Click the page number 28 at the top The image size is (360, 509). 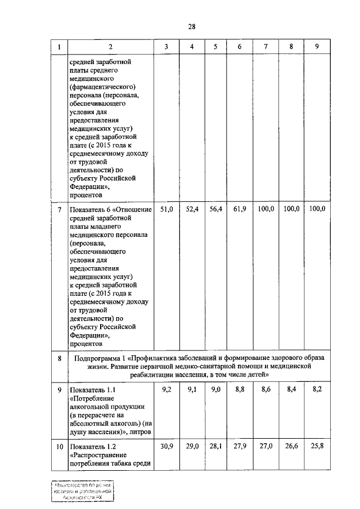click(x=192, y=26)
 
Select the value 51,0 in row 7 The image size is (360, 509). click(x=167, y=209)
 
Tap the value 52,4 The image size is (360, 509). click(x=192, y=209)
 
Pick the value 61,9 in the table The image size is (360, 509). click(x=240, y=209)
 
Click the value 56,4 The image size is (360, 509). click(x=216, y=209)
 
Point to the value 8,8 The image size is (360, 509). click(x=240, y=389)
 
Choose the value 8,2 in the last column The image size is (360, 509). click(x=317, y=389)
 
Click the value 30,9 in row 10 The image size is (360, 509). click(x=167, y=445)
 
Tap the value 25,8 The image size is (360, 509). click(x=317, y=445)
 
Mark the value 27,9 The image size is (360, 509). click(x=240, y=445)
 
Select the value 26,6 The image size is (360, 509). click(x=291, y=445)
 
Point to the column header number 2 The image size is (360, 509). click(x=110, y=47)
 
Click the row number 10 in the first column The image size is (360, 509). click(x=60, y=446)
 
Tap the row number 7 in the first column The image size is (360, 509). click(x=60, y=210)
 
